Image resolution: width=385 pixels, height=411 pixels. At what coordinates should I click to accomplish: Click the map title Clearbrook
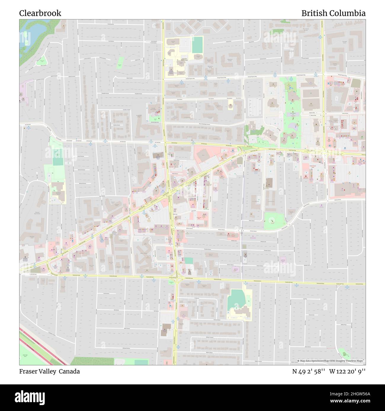click(40, 13)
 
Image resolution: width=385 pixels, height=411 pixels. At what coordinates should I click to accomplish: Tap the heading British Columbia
click(333, 13)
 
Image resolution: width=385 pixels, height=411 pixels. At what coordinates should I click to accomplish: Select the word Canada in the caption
click(69, 371)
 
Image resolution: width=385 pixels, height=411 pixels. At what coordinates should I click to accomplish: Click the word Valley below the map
click(47, 371)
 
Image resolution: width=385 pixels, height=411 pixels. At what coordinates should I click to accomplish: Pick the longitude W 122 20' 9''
click(347, 371)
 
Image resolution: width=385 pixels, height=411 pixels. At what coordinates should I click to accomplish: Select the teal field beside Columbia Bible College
click(197, 44)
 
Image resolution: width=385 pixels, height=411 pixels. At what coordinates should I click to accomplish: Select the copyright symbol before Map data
click(299, 361)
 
